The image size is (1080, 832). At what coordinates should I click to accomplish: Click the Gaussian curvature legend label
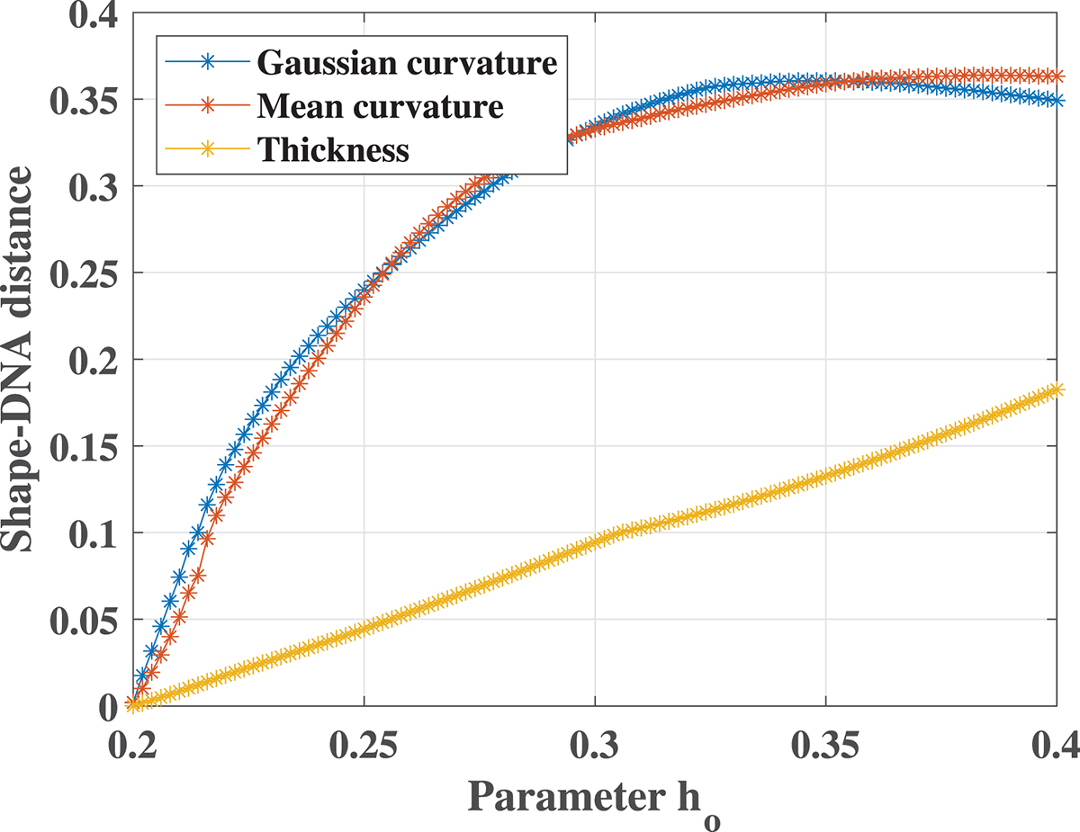407,63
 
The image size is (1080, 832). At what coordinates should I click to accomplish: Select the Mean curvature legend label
379,106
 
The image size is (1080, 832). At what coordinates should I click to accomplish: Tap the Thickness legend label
333,149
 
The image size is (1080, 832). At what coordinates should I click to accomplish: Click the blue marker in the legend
208,62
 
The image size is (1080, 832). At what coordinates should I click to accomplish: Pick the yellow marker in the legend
208,149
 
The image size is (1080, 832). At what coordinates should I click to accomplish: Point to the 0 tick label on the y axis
106,706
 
